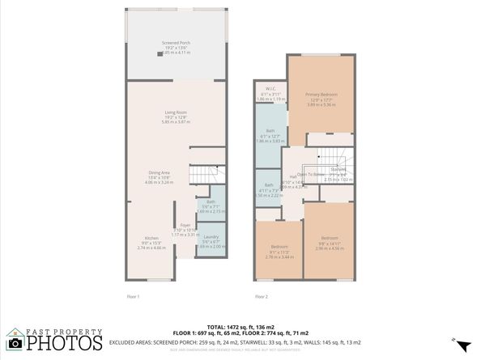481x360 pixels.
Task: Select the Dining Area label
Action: [x=159, y=172]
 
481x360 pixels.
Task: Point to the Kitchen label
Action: [x=151, y=238]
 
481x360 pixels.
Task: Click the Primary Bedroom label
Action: [x=321, y=95]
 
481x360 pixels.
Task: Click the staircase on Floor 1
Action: [x=206, y=173]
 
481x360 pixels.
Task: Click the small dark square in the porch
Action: [x=160, y=53]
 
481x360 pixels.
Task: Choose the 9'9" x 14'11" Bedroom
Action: [x=328, y=243]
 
